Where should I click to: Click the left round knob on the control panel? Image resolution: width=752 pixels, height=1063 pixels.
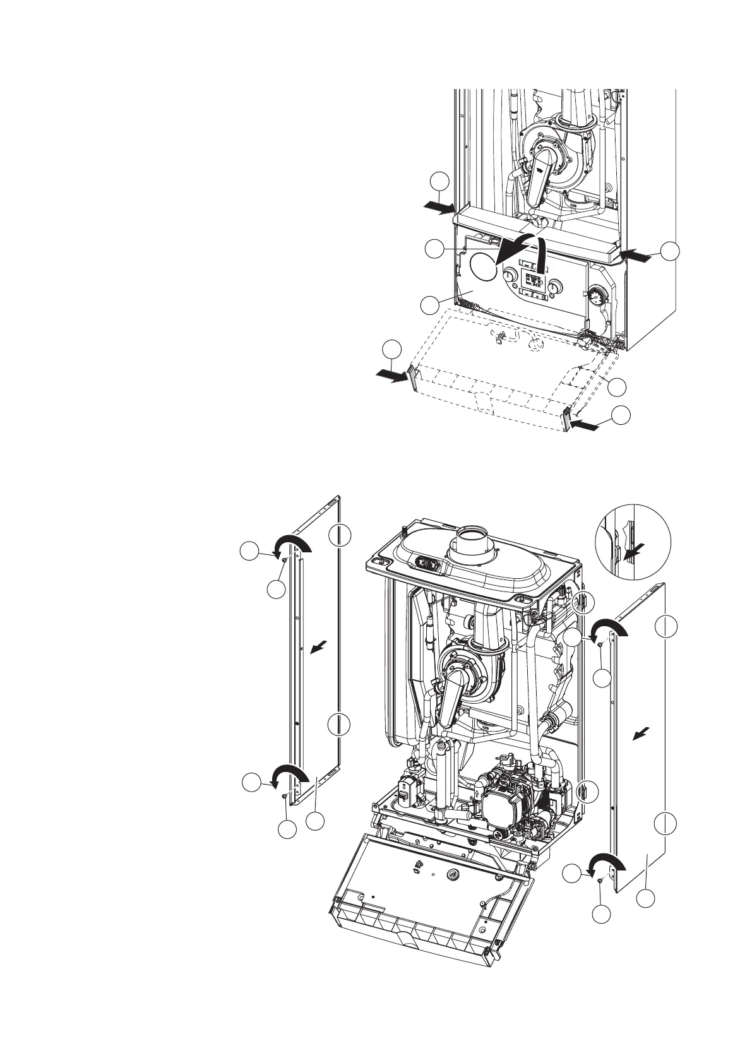(509, 276)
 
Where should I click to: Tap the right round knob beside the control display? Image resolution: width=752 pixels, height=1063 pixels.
(554, 287)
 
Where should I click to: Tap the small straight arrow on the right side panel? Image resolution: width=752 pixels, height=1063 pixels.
(641, 733)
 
